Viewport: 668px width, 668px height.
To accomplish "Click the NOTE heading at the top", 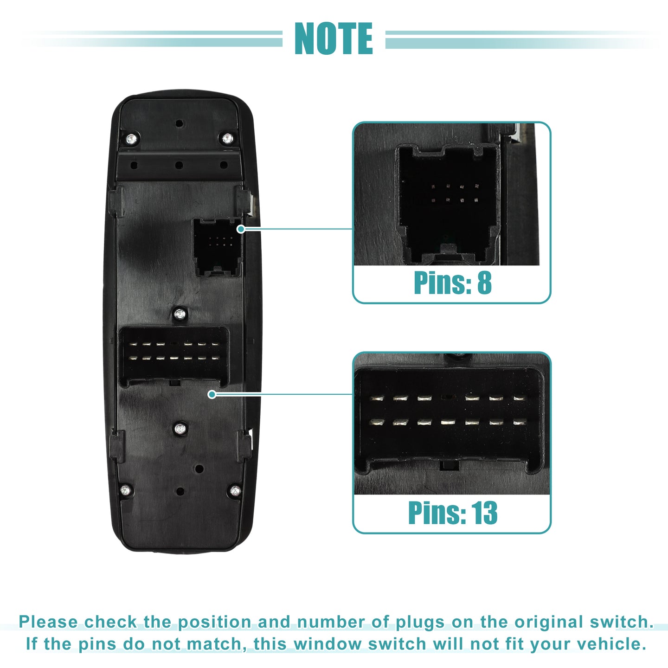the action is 334,39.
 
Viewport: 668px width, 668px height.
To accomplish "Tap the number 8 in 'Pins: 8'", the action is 484,283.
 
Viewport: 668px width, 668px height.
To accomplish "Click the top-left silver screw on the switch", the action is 131,139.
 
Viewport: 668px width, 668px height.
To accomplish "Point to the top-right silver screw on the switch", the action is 227,139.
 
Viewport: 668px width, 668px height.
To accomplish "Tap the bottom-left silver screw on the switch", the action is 126,490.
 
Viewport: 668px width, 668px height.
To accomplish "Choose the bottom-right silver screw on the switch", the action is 235,490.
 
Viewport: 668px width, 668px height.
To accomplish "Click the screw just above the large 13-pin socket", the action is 180,315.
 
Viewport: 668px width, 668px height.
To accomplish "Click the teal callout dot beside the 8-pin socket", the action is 241,229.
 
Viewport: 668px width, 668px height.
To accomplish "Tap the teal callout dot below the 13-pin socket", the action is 212,394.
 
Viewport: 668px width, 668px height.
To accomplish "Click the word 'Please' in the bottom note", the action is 48,622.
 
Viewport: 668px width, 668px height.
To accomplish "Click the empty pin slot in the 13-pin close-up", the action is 448,398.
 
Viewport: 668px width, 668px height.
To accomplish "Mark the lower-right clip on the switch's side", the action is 244,446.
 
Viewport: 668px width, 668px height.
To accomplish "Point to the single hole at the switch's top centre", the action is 179,123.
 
